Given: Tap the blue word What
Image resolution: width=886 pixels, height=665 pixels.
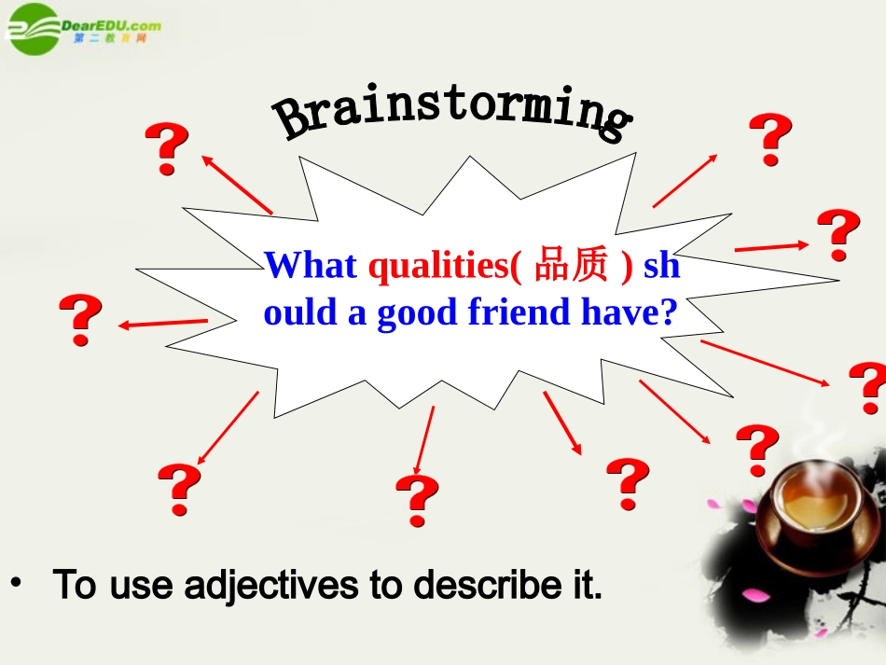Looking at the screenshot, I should coord(311,266).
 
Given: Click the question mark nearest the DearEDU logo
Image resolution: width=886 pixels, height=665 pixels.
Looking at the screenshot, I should coord(167,149).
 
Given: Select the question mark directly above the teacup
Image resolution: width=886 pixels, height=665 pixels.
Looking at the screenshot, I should coord(757,450).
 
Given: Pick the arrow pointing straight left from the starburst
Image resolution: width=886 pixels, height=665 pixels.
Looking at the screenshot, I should coord(163,324).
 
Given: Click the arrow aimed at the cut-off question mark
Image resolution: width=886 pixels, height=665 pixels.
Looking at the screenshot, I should coord(765,363).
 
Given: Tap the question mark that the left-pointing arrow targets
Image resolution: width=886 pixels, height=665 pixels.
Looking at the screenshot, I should coord(81,320).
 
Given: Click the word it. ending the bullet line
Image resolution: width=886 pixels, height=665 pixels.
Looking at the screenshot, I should coord(582,585).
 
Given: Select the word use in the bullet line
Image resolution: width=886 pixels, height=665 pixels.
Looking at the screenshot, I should coord(141,585).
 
